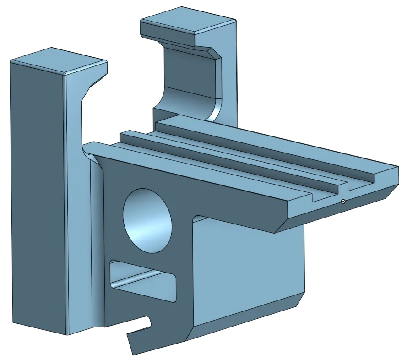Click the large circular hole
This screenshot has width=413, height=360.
tap(147, 220)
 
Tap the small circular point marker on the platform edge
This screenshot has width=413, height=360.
tap(343, 201)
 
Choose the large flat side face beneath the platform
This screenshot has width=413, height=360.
tap(247, 270)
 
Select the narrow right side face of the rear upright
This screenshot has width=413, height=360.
tap(231, 73)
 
